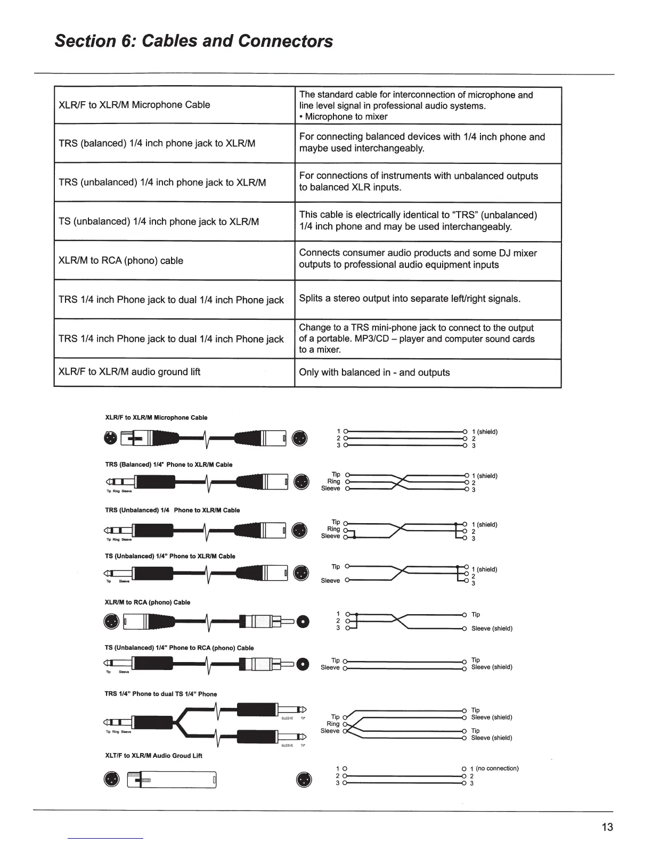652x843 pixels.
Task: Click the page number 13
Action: click(x=607, y=827)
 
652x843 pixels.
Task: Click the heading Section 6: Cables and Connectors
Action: click(x=194, y=41)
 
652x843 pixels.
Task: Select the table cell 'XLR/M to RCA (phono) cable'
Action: click(x=121, y=261)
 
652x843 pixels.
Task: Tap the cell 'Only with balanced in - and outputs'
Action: click(x=374, y=373)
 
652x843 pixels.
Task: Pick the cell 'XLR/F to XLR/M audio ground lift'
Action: click(x=129, y=372)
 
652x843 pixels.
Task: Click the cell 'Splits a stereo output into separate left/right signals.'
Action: click(x=410, y=299)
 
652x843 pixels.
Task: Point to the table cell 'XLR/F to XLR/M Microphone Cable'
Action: click(x=134, y=105)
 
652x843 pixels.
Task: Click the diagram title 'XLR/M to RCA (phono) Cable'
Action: click(x=148, y=602)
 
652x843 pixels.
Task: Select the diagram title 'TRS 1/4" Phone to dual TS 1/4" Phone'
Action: click(x=161, y=694)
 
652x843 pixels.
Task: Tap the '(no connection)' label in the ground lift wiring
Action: click(x=497, y=768)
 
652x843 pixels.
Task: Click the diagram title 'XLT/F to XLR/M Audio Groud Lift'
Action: click(x=154, y=756)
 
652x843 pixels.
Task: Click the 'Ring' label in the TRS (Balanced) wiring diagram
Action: click(x=333, y=482)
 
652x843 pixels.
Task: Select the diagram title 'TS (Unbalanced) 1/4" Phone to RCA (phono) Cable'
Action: click(x=180, y=648)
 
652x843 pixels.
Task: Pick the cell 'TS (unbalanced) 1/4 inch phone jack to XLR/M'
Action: click(x=159, y=222)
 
